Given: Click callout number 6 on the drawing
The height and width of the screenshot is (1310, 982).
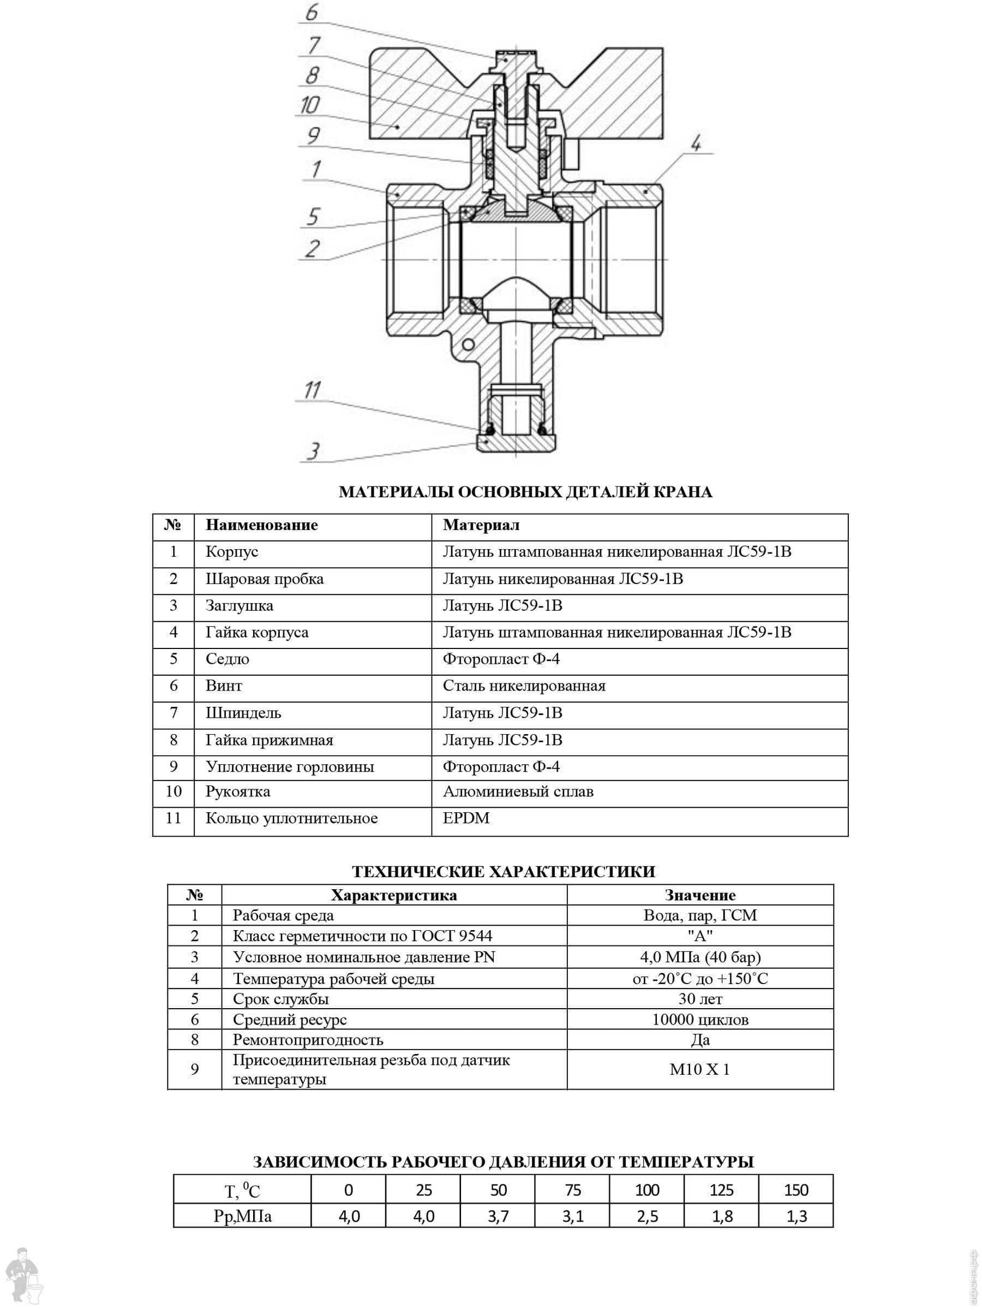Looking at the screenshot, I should coord(312,13).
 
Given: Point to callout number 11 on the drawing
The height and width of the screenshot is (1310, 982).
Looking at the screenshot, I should coord(312,390).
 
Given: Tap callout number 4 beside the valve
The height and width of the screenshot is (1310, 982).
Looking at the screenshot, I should coord(697,142).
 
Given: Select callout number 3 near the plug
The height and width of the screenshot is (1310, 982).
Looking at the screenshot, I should coord(313,451).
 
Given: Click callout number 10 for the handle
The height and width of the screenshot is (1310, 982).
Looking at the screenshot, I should coord(309,105).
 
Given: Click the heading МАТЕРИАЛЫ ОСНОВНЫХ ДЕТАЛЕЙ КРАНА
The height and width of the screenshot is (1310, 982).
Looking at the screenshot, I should coord(525,492).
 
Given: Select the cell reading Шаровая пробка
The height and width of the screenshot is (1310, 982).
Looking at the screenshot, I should coord(265,579).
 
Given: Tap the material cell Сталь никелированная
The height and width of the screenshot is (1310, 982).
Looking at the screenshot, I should coord(524,686).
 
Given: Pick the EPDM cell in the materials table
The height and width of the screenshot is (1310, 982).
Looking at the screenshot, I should coord(466,818).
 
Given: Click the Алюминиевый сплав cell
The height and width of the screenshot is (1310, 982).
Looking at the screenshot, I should coord(518,791).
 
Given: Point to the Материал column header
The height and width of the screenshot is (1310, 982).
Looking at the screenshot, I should coord(481,525).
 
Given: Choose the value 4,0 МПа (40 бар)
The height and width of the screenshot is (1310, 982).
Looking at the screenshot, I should coord(700,957).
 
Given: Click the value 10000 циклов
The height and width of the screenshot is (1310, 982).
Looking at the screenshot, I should coord(700,1019).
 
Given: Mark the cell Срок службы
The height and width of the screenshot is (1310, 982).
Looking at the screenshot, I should coord(280,998).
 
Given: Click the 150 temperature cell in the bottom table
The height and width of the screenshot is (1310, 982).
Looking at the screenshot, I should coord(796,1190).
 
